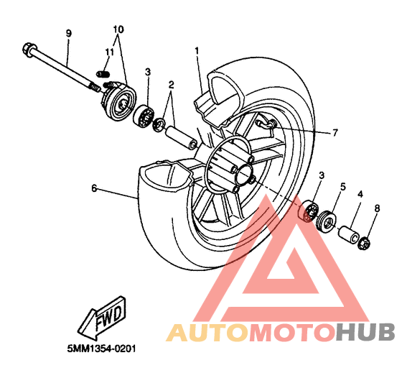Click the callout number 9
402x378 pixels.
pyautogui.click(x=68, y=34)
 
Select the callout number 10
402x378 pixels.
pyautogui.click(x=118, y=29)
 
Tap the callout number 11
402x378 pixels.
pyautogui.click(x=109, y=52)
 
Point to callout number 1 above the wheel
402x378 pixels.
pyautogui.click(x=197, y=51)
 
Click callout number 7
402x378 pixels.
pyautogui.click(x=335, y=133)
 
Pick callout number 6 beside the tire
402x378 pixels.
pyautogui.click(x=94, y=188)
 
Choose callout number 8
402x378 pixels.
pyautogui.click(x=377, y=208)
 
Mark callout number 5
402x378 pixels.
pyautogui.click(x=343, y=187)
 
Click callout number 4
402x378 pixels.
pyautogui.click(x=360, y=194)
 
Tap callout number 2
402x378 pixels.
pyautogui.click(x=171, y=84)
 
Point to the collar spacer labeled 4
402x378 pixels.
pyautogui.click(x=349, y=234)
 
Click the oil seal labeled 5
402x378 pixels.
pyautogui.click(x=327, y=221)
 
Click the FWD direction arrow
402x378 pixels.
pyautogui.click(x=102, y=318)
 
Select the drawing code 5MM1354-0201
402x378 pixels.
pyautogui.click(x=101, y=349)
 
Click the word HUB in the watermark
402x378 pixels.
pyautogui.click(x=365, y=333)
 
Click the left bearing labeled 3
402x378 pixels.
pyautogui.click(x=144, y=116)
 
